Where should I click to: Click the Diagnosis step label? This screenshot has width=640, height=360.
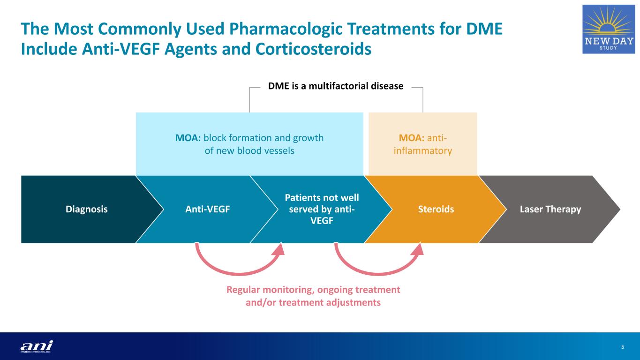tap(86, 210)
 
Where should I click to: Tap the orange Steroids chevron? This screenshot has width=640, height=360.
tap(436, 210)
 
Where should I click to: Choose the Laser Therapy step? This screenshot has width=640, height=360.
tap(550, 210)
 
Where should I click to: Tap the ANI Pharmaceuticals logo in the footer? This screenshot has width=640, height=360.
tap(37, 346)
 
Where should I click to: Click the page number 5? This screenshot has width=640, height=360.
tap(623, 347)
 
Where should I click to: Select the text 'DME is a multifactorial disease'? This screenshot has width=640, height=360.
tap(335, 86)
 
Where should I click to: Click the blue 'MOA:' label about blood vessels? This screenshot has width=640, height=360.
tap(188, 138)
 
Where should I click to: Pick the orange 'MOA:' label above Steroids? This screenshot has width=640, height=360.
tap(412, 138)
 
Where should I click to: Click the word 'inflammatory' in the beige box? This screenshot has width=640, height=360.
tap(422, 151)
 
